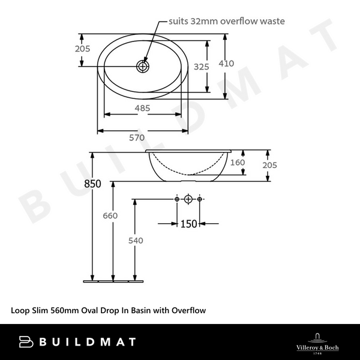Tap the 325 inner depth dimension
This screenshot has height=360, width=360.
coord(202,67)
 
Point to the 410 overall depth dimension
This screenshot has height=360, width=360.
coord(242,63)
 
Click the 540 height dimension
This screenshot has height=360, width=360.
coord(136,241)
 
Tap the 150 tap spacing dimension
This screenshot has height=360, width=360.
coord(189,224)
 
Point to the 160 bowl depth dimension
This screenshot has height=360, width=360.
coord(238,162)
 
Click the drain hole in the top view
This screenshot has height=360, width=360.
coord(143,65)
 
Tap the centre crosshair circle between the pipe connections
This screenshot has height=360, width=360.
coord(188,199)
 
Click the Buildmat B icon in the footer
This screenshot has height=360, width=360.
coord(27,342)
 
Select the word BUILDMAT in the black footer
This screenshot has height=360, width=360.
coord(88,342)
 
